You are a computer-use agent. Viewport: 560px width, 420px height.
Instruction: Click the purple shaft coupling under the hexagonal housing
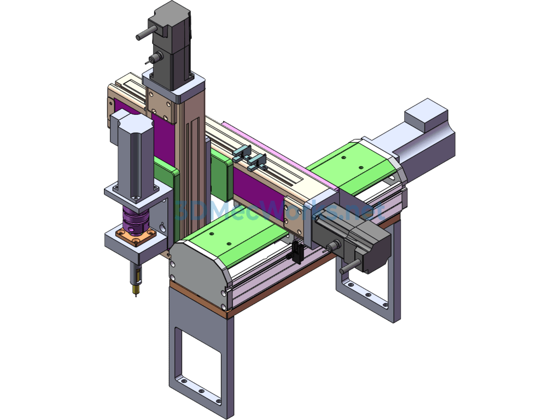click(134, 219)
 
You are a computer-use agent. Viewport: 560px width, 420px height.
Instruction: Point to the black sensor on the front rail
click(297, 252)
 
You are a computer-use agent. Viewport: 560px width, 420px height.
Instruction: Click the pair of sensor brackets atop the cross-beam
click(249, 157)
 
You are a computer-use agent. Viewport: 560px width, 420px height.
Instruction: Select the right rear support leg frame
click(369, 284)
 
